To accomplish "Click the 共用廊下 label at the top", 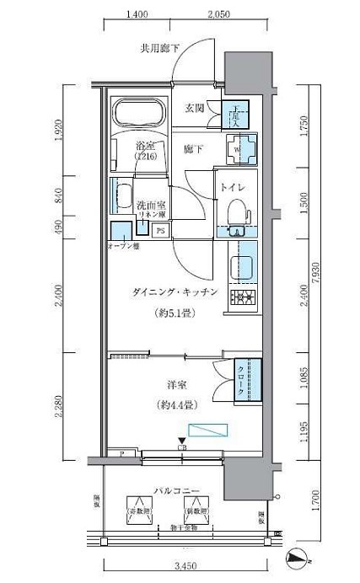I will [x=159, y=49].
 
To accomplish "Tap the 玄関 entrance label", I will [x=195, y=107].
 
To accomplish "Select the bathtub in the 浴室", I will [x=141, y=117].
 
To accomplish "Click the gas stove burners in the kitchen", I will [x=244, y=297].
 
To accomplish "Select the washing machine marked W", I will [x=237, y=150].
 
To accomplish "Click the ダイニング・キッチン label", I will [x=175, y=291].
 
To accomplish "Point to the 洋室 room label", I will [x=176, y=386].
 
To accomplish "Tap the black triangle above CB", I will [x=181, y=440].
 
